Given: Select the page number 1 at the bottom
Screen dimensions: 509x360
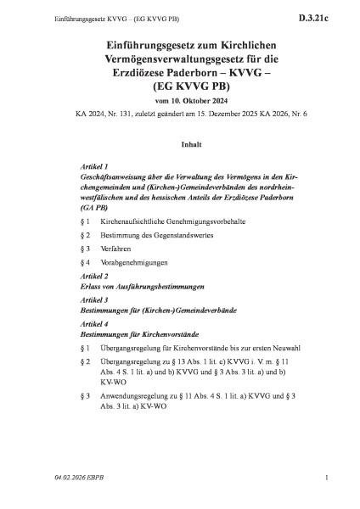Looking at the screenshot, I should point(326,490).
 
